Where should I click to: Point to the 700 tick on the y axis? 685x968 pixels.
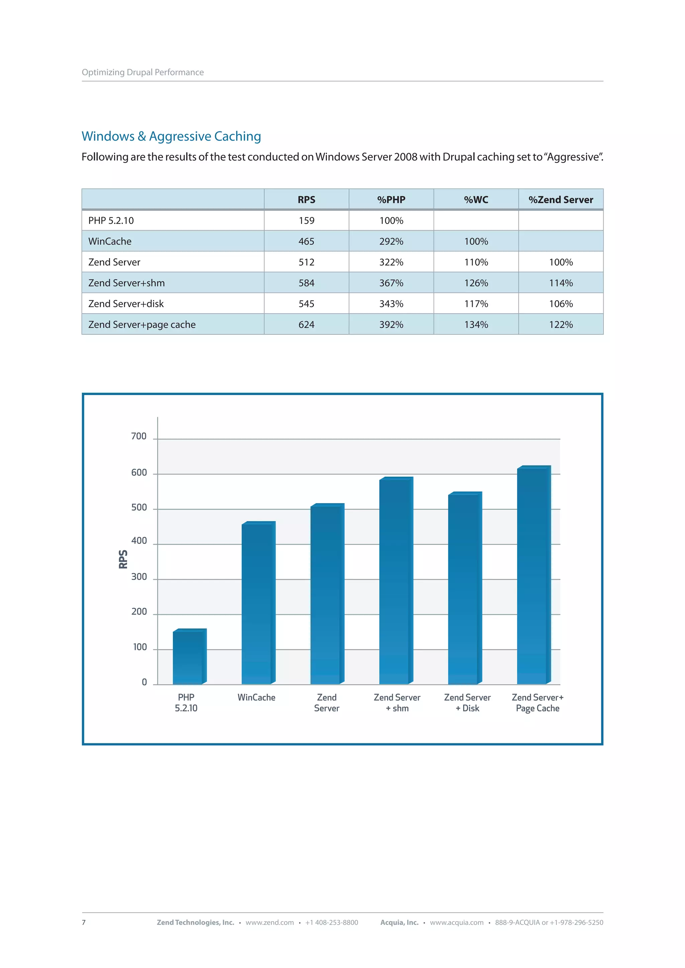(x=139, y=436)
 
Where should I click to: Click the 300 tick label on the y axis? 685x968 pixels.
(x=139, y=577)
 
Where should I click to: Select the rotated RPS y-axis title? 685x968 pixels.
(x=123, y=559)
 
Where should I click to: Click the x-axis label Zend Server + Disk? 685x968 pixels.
(x=467, y=703)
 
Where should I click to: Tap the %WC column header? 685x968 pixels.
(x=476, y=200)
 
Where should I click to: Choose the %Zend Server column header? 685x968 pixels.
(x=561, y=200)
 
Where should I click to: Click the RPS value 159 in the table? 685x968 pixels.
(x=306, y=221)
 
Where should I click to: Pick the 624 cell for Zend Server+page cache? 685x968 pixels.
(x=306, y=325)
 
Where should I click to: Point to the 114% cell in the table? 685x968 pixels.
(x=561, y=283)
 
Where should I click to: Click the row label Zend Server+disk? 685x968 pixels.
(x=126, y=304)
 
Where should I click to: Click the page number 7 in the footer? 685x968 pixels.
(x=84, y=923)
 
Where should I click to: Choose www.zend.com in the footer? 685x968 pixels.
(x=270, y=923)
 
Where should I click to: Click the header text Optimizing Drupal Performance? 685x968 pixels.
(x=142, y=73)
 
